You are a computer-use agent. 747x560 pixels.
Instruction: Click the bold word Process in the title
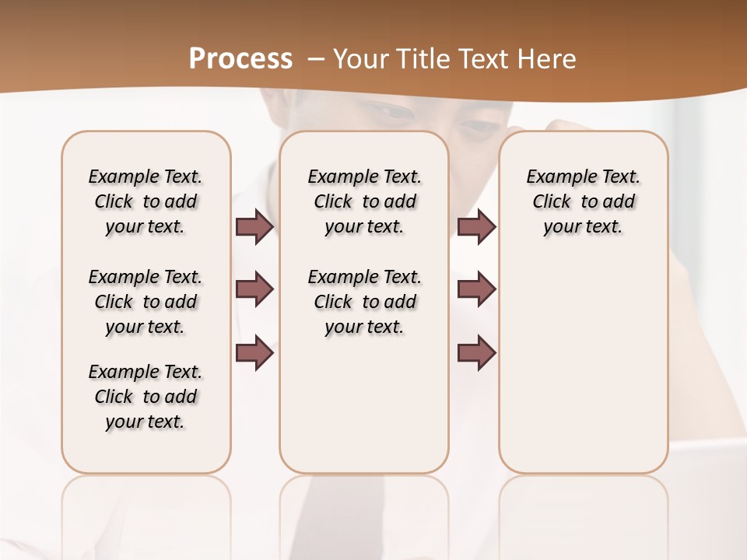(240, 58)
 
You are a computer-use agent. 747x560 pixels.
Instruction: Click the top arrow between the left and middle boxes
(254, 227)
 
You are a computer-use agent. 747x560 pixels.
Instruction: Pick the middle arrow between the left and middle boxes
(254, 289)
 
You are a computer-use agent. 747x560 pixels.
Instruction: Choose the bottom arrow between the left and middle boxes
(254, 353)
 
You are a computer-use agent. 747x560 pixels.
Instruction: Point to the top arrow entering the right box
(476, 227)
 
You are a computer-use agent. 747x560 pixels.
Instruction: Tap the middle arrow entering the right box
(476, 289)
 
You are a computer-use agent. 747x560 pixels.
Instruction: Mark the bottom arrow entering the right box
(476, 353)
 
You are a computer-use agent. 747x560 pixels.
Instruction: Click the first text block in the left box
(146, 201)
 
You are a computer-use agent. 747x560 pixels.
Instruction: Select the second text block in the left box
(146, 302)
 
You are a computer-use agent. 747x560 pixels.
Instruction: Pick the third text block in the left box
(146, 397)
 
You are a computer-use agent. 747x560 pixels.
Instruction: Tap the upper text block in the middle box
(365, 201)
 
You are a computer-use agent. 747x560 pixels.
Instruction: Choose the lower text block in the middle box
(365, 302)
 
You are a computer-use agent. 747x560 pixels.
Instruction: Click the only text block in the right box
(584, 201)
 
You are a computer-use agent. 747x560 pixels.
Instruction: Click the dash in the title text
(315, 58)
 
